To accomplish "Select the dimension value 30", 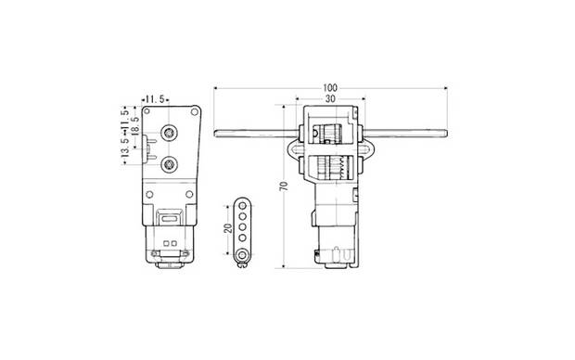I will (x=330, y=96).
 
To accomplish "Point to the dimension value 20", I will (x=227, y=228).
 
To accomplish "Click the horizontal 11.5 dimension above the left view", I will (x=153, y=97).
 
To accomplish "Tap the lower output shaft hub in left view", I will (x=169, y=164).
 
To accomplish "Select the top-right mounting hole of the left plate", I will (x=193, y=111).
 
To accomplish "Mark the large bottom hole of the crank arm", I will (x=243, y=251).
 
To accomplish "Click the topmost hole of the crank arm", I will (x=243, y=204).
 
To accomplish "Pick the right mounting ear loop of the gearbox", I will (x=370, y=148).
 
